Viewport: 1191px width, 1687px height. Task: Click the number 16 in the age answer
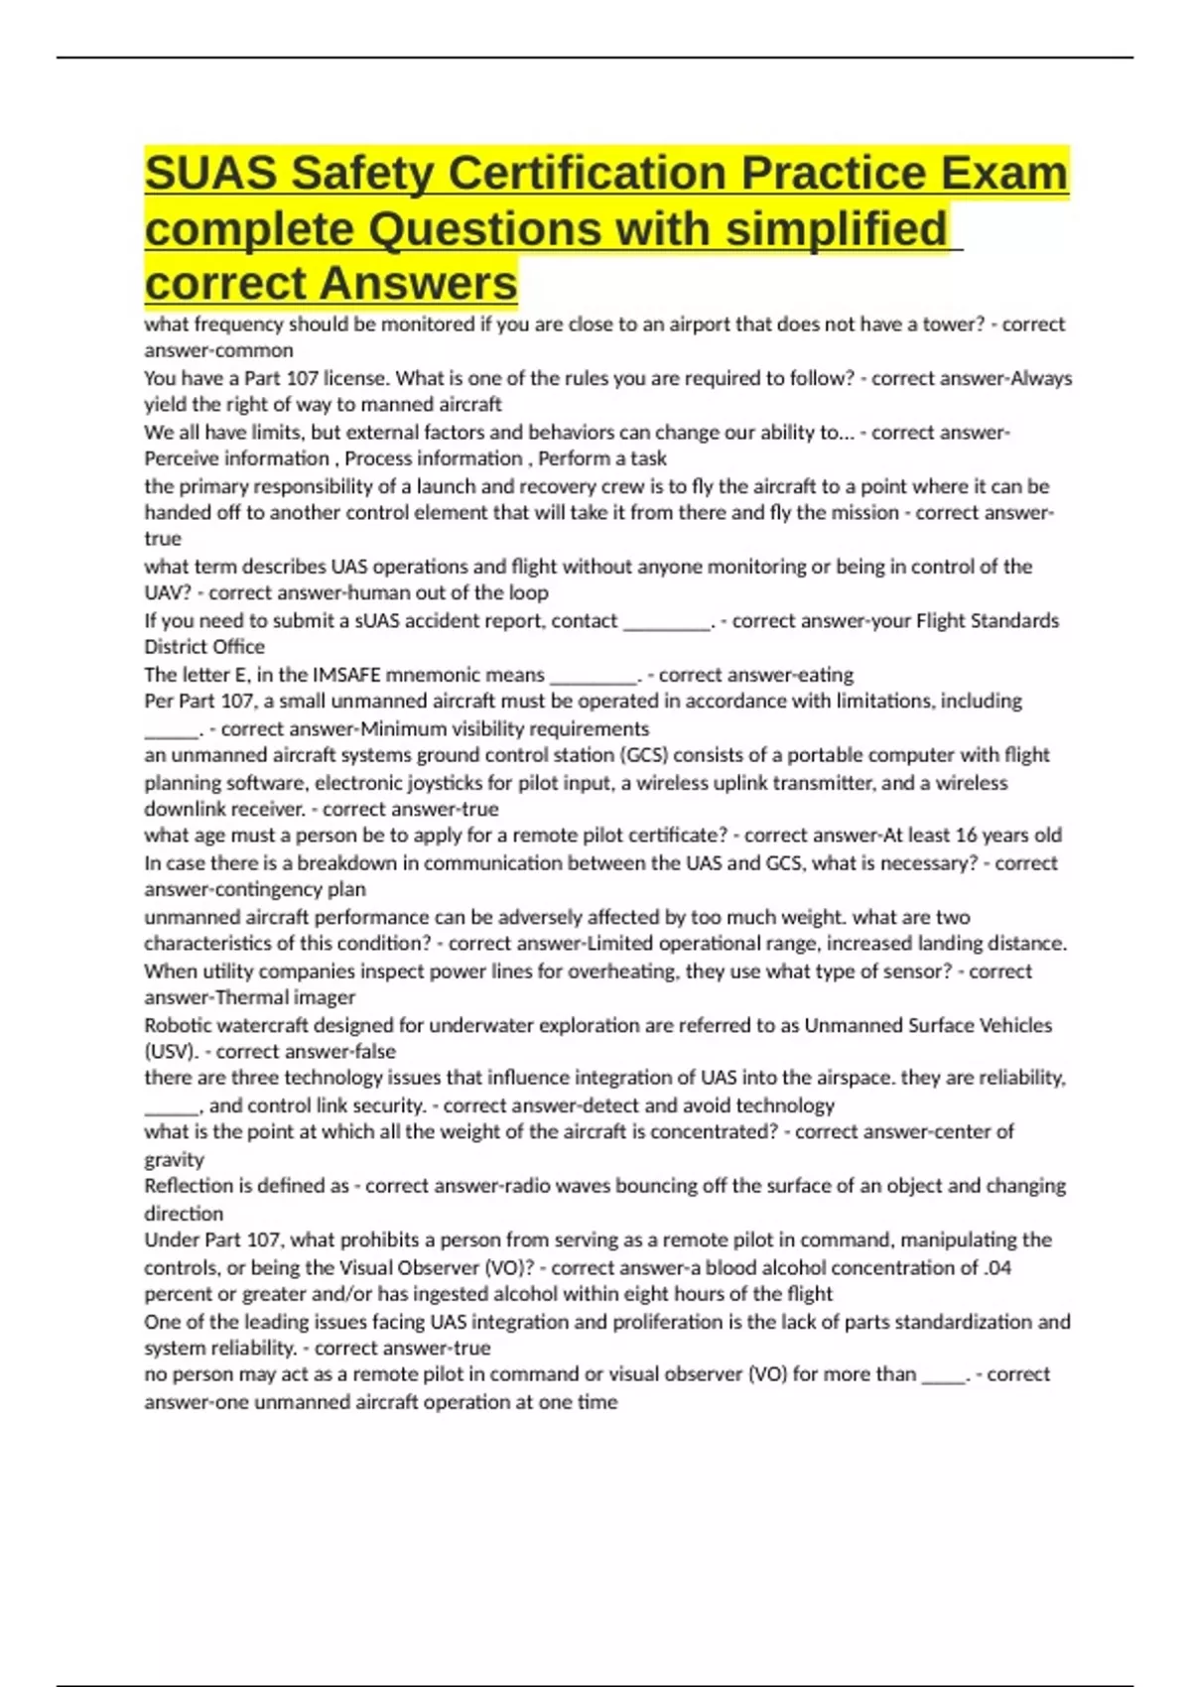[967, 835]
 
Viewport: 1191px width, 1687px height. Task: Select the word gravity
[175, 1159]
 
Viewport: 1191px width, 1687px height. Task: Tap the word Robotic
[178, 1025]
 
